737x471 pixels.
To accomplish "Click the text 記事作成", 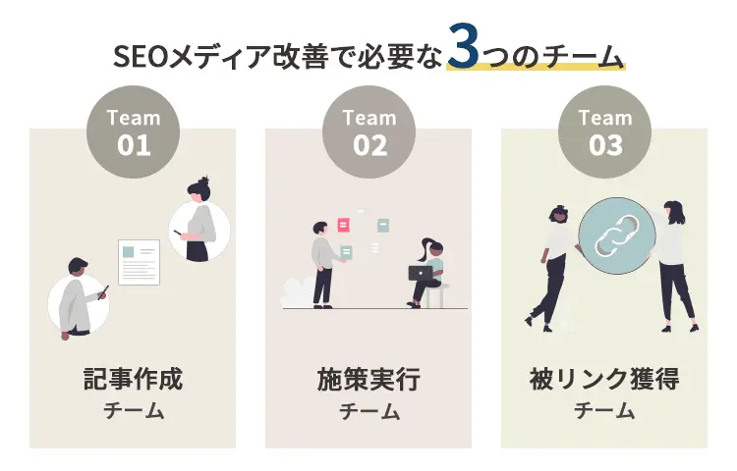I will point(133,379).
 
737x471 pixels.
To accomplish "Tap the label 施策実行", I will point(368,379).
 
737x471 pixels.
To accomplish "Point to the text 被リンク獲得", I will point(604,379).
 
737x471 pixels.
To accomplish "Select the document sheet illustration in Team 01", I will point(139,261).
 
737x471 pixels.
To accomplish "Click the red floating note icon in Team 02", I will point(343,225).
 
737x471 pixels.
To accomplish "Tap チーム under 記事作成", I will point(133,411).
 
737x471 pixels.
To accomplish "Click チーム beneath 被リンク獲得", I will point(604,411).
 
